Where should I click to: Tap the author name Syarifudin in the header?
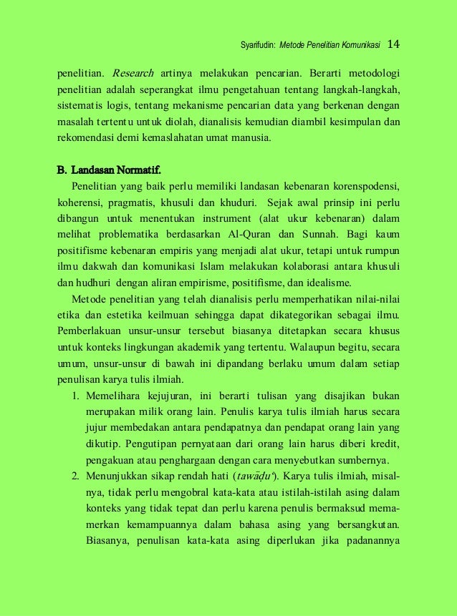(x=257, y=47)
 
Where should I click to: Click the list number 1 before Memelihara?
(x=75, y=395)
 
